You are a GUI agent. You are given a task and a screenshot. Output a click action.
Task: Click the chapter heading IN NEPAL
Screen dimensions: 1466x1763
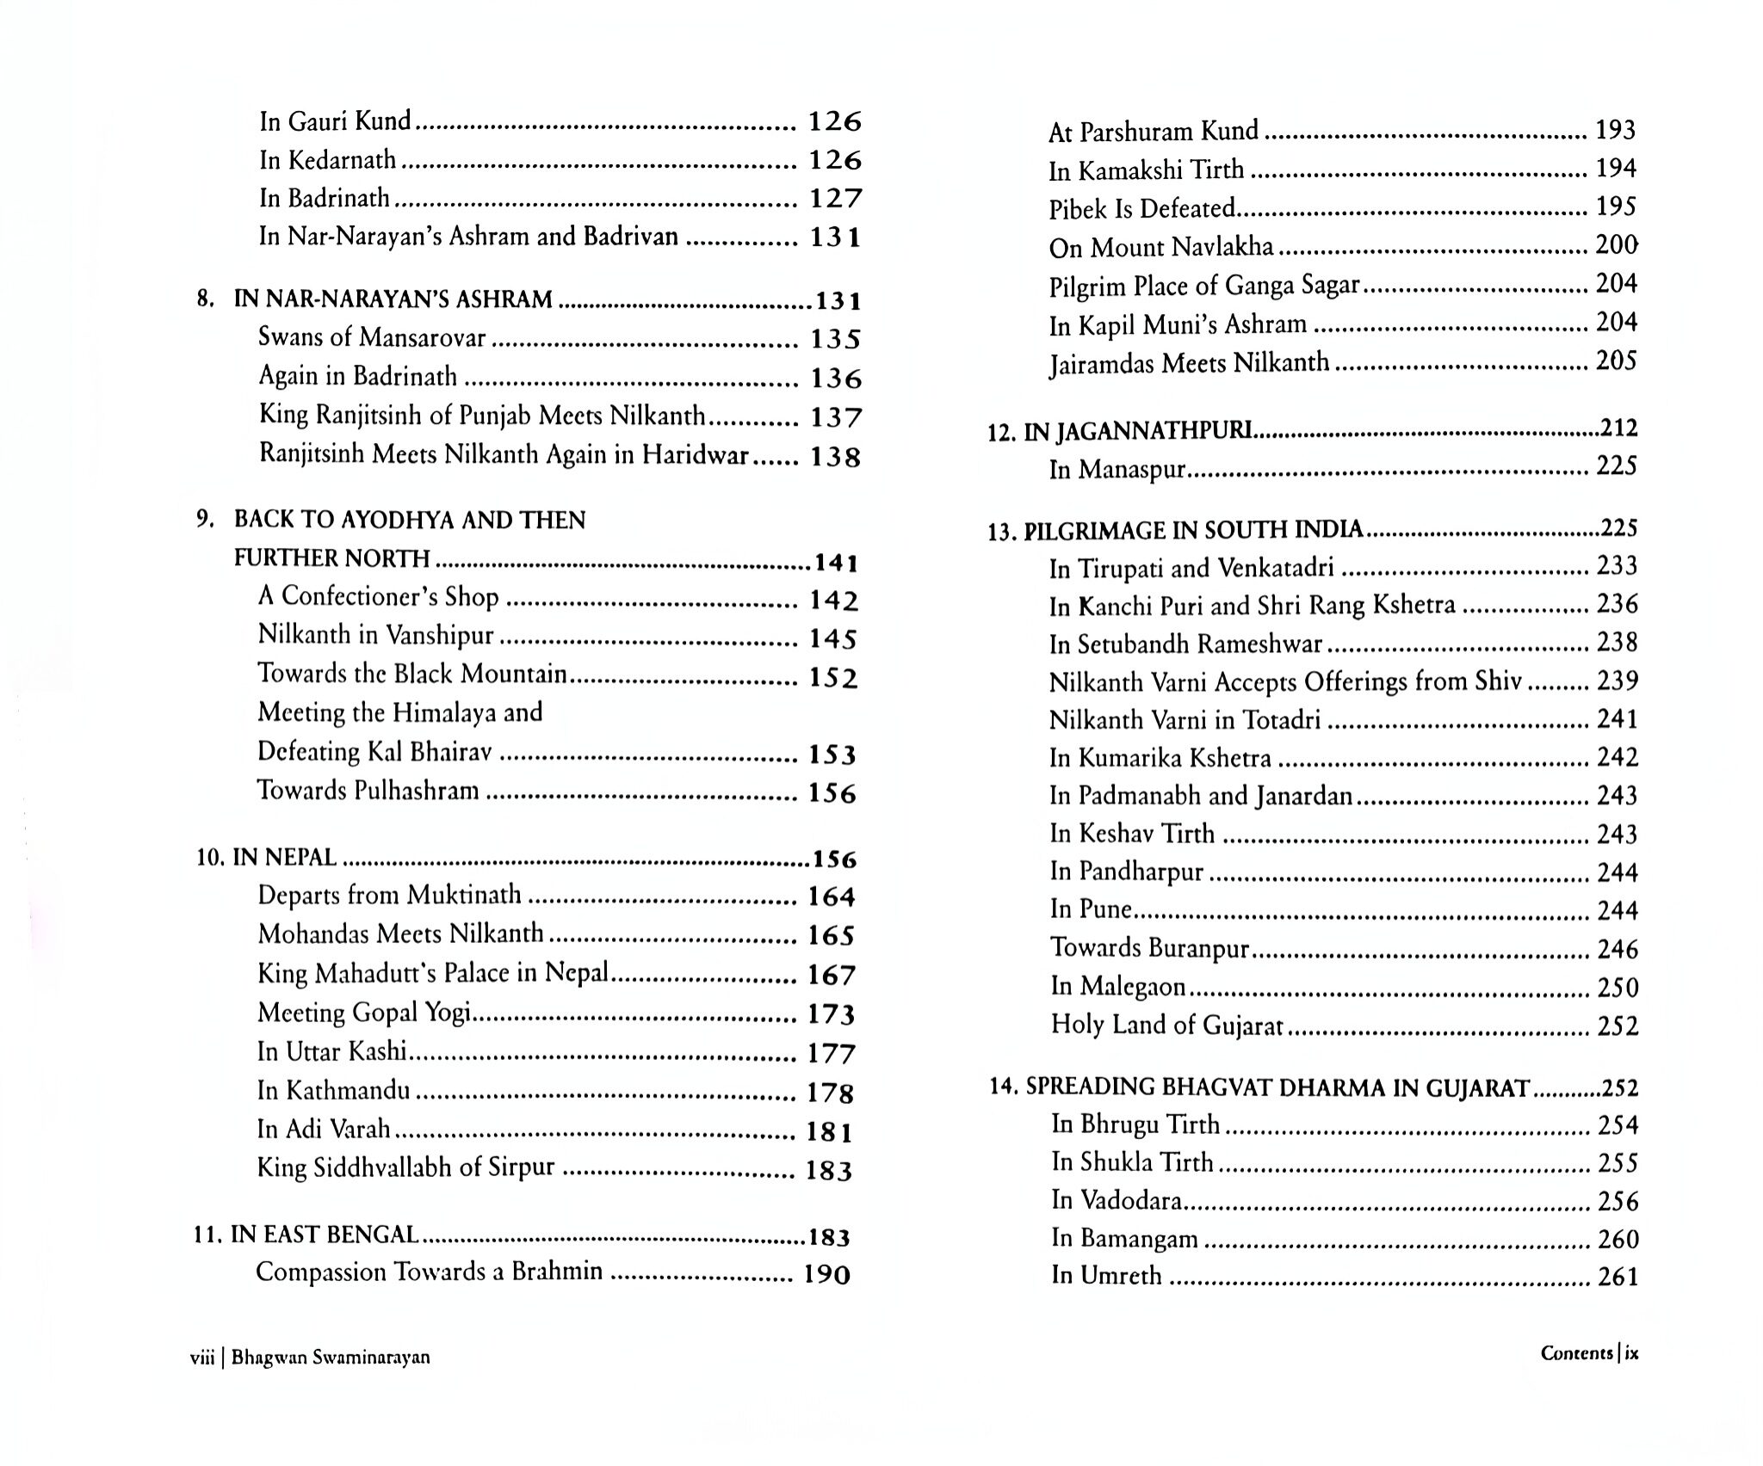pos(284,858)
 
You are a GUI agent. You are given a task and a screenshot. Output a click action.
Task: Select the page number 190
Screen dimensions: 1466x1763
pos(826,1274)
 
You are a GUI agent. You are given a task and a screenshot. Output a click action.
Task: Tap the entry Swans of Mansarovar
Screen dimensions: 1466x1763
pos(372,337)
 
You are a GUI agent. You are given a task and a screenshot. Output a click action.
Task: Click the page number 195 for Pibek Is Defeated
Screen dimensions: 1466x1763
pos(1616,207)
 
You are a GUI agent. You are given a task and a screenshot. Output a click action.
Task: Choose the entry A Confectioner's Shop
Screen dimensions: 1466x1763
pos(378,597)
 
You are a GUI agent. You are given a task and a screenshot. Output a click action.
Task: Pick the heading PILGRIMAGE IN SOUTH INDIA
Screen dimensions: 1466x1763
pos(1193,530)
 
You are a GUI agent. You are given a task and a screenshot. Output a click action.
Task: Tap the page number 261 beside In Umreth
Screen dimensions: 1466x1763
pos(1618,1277)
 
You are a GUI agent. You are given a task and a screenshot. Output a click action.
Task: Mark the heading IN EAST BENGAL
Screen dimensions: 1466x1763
pos(325,1235)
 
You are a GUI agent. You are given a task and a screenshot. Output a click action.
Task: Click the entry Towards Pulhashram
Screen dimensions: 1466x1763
pos(368,791)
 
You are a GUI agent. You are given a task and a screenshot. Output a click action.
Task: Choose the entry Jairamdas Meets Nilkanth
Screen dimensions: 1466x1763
pos(1189,363)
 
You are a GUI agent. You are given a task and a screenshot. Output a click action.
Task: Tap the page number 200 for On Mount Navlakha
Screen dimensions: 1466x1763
pos(1616,246)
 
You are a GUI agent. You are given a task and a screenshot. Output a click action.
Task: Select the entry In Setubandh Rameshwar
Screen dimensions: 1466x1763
pos(1185,644)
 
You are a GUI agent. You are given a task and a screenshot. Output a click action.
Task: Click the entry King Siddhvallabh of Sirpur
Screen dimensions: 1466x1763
pos(405,1167)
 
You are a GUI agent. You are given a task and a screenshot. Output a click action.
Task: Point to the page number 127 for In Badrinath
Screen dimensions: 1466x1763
pos(835,199)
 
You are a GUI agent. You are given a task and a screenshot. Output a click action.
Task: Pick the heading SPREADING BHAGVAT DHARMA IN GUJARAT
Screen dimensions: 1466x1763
pos(1277,1087)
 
